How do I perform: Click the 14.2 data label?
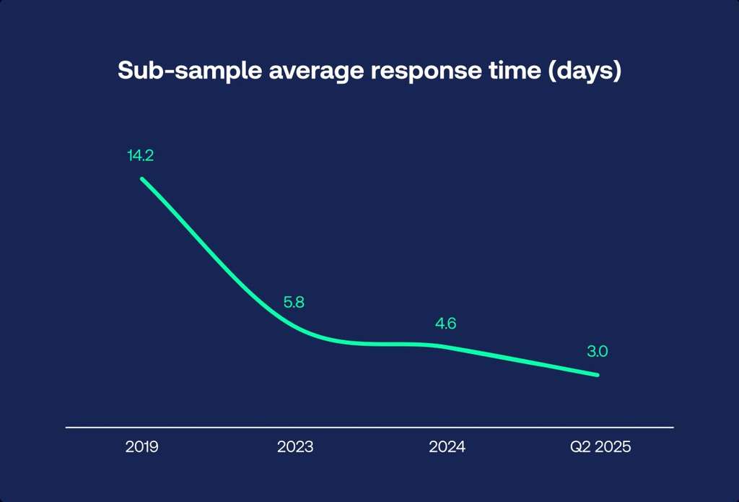click(x=141, y=155)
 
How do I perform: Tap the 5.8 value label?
click(x=294, y=303)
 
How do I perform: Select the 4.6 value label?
click(x=445, y=324)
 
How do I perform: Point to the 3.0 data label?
click(x=597, y=352)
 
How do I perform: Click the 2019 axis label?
click(x=141, y=447)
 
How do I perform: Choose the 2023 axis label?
click(x=295, y=447)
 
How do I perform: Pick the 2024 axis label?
click(x=447, y=447)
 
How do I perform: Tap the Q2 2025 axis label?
click(x=600, y=447)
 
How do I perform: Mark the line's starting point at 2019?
click(x=141, y=178)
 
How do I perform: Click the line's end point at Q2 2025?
click(x=598, y=375)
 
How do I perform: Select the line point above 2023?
click(x=295, y=326)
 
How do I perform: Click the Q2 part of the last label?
click(x=579, y=447)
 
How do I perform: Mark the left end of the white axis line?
click(x=66, y=428)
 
